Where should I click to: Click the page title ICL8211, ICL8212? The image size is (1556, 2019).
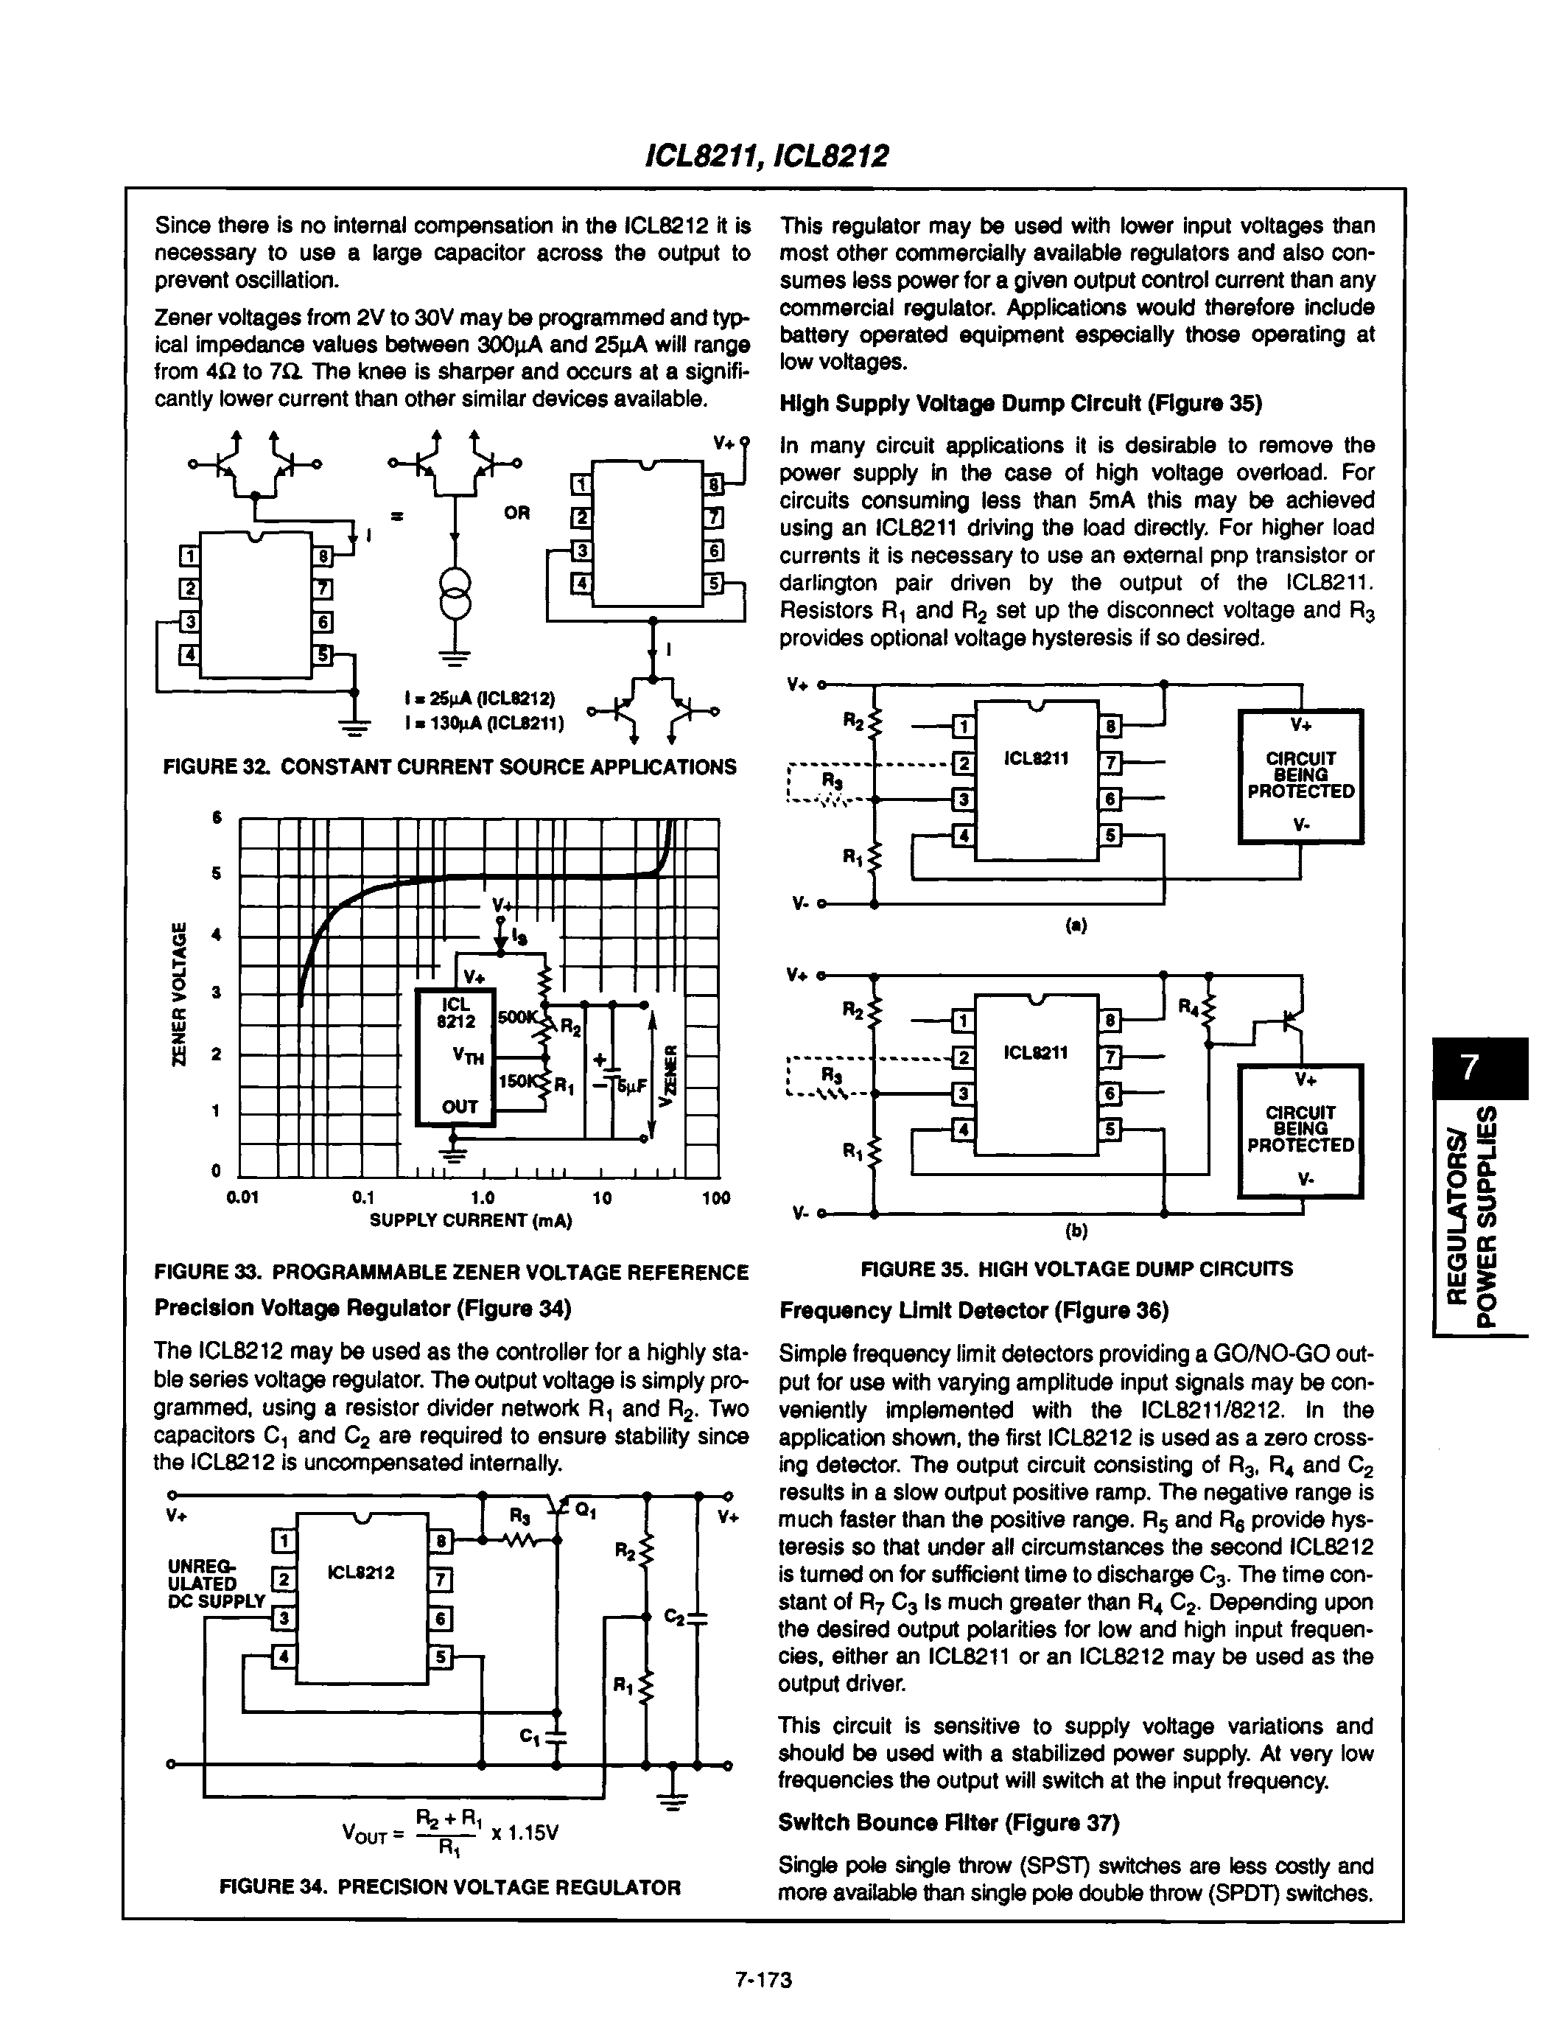pos(766,155)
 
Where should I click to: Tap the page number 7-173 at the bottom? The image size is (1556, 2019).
pos(764,1979)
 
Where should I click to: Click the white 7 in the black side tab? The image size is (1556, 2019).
pos(1469,1068)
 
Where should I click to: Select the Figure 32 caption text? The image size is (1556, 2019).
pos(449,766)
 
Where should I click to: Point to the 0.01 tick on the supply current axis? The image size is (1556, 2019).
pos(242,1198)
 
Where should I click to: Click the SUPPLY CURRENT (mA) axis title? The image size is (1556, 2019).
pos(471,1220)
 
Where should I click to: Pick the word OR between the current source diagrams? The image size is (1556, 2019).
pos(516,512)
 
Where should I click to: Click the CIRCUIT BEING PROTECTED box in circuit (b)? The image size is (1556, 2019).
pos(1300,1130)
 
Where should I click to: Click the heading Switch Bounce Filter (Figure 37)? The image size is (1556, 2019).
pos(949,1822)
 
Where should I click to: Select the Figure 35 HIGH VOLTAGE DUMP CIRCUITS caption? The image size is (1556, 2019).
pos(1076,1270)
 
